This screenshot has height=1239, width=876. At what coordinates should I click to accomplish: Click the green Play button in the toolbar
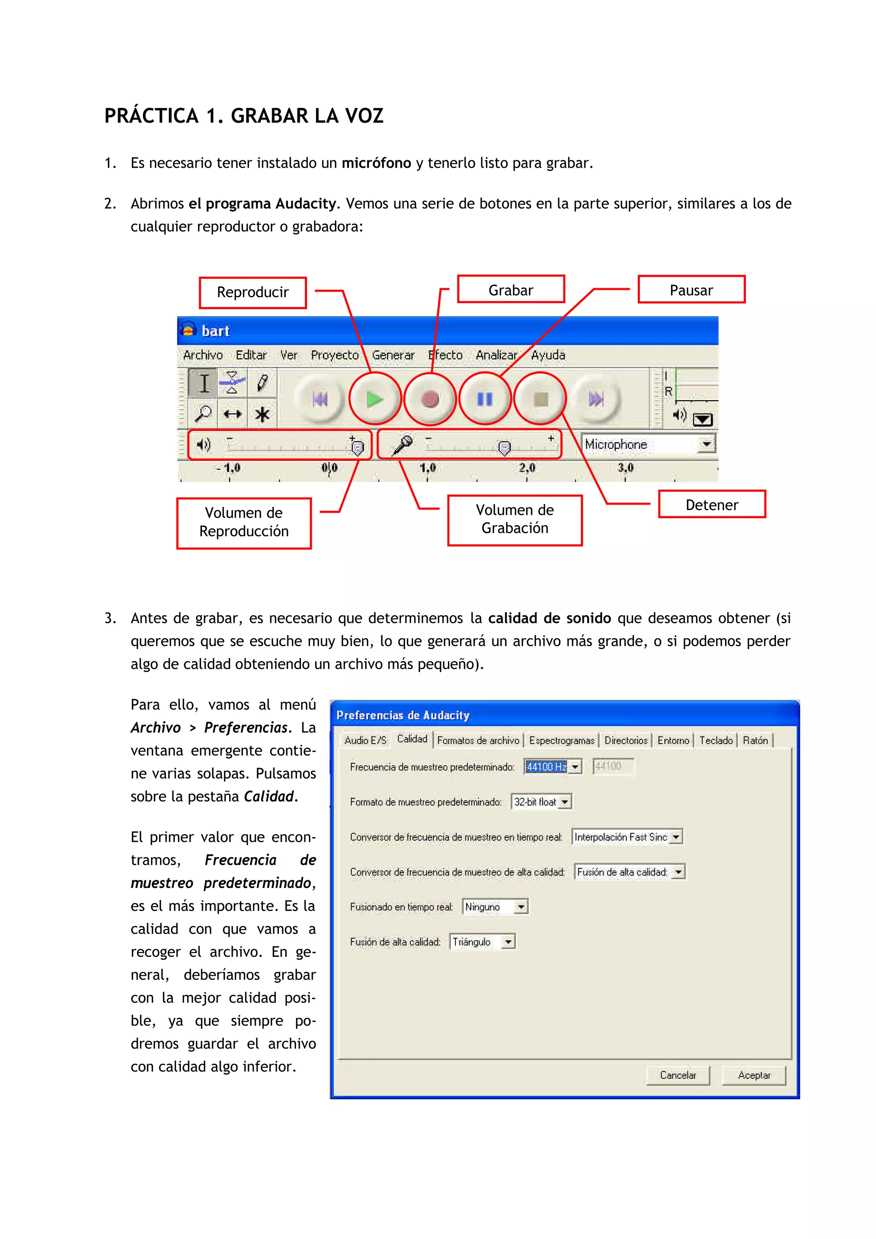[375, 399]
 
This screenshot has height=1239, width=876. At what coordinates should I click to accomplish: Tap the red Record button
[430, 399]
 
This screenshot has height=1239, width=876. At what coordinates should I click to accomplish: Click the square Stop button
[540, 399]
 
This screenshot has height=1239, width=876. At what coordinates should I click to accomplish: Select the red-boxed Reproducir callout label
[253, 292]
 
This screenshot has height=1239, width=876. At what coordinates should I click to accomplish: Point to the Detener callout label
[711, 504]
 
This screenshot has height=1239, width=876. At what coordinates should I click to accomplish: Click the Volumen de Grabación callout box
[515, 519]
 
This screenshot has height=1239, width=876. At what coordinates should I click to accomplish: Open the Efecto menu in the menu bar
[445, 355]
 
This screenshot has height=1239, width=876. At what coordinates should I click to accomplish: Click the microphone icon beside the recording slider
[401, 445]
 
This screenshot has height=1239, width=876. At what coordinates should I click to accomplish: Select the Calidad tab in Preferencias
[412, 739]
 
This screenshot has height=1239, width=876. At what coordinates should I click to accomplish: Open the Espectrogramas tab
[561, 740]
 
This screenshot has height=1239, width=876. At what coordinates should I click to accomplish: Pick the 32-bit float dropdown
[541, 802]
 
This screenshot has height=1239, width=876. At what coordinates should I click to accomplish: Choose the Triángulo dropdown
[482, 942]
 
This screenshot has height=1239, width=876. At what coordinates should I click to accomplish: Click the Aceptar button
[754, 1075]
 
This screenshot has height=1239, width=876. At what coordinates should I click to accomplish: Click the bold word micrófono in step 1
[376, 163]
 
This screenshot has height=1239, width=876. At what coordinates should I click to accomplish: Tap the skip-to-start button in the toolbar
[320, 399]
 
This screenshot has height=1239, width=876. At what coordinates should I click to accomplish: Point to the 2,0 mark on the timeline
[527, 467]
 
